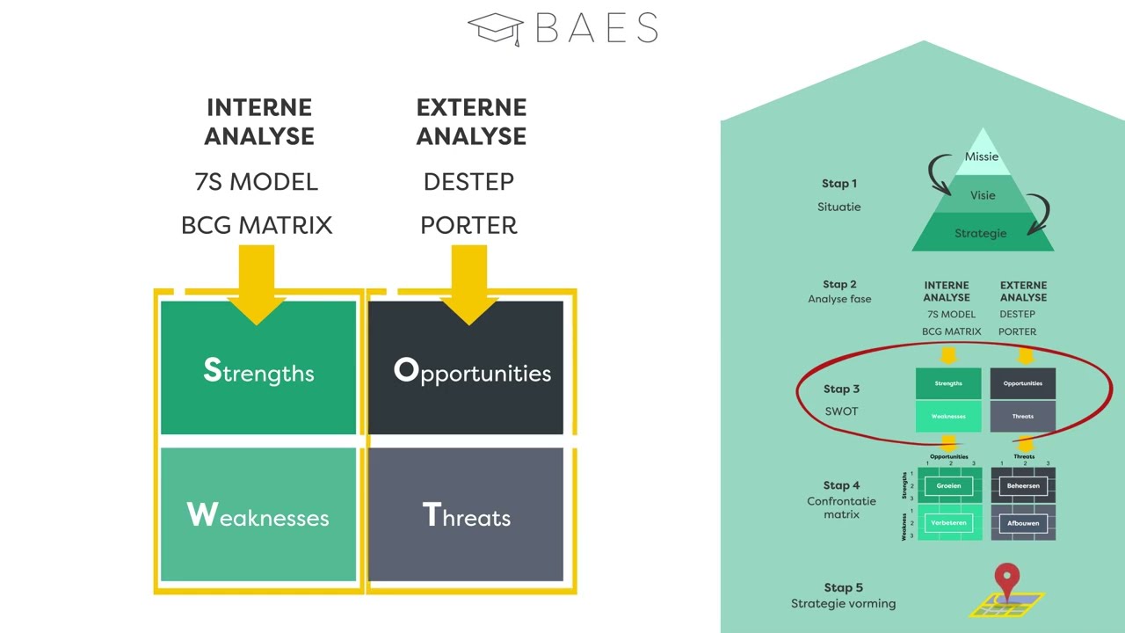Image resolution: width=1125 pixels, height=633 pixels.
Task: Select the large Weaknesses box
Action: [258, 514]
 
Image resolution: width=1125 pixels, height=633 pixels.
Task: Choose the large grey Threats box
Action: [466, 514]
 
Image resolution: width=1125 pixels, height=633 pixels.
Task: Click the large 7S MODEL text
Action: [256, 182]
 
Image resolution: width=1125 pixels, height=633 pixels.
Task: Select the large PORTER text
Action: [468, 225]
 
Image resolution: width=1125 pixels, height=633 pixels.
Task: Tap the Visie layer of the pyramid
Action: [983, 195]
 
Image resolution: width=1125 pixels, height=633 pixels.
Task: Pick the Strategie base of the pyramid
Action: [982, 233]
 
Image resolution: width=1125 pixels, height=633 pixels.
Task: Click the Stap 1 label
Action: [839, 184]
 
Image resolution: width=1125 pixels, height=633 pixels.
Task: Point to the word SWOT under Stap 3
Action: [841, 411]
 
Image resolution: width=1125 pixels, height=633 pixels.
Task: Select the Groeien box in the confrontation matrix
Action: [948, 486]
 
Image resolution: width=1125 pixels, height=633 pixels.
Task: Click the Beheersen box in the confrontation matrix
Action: [1023, 486]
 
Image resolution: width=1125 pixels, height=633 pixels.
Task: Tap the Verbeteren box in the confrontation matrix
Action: [948, 523]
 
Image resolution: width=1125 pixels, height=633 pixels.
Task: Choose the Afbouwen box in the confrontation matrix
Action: [1023, 523]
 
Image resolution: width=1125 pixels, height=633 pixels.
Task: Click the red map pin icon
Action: [1006, 581]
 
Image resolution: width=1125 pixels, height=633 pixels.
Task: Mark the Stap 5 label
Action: [843, 587]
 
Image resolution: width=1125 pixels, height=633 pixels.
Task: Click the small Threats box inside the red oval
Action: [1023, 417]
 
